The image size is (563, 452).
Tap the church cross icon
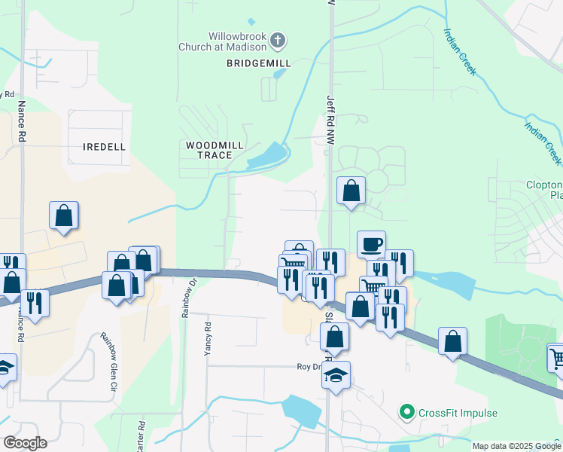tap(277, 39)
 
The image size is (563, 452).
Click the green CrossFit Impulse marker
tap(407, 412)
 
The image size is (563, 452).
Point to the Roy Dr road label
tap(309, 367)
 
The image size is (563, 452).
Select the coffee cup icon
tap(371, 245)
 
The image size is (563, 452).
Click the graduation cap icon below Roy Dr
tap(336, 374)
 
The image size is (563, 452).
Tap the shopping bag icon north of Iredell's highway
tap(65, 215)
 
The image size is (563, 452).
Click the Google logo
tap(25, 443)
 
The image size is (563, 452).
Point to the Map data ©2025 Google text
tap(516, 446)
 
